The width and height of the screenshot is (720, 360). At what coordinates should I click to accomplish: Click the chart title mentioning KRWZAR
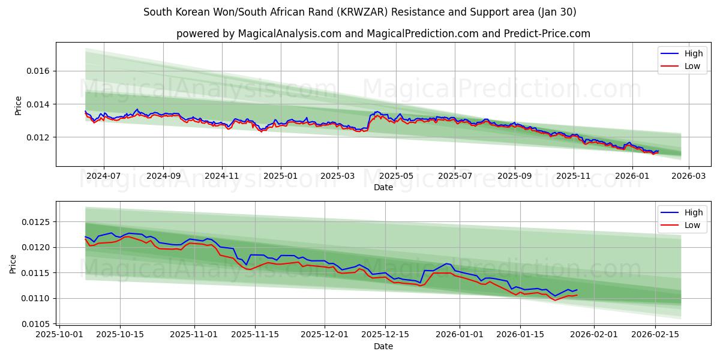[359, 12]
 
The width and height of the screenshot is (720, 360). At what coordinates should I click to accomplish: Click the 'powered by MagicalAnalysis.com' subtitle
[383, 34]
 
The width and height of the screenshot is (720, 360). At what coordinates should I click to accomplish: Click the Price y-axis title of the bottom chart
[13, 263]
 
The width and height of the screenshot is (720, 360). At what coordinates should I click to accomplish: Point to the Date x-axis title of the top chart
[383, 188]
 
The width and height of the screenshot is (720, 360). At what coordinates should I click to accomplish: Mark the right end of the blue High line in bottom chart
[577, 290]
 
